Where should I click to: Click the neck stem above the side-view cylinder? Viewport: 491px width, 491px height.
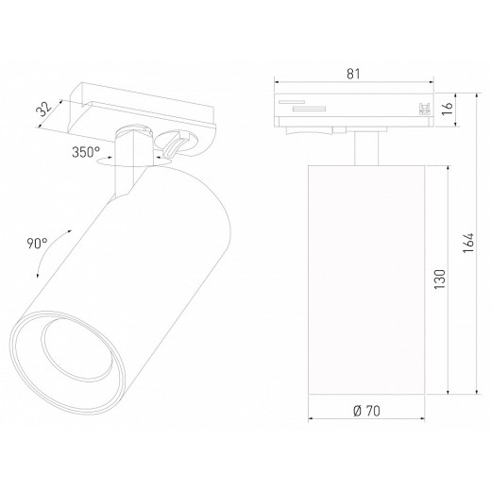366,148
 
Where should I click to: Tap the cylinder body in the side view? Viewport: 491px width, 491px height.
366,283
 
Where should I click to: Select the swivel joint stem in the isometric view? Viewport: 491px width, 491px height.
127,156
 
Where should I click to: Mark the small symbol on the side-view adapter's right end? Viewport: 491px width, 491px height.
422,109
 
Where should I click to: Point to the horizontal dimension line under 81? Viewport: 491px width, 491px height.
354,83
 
